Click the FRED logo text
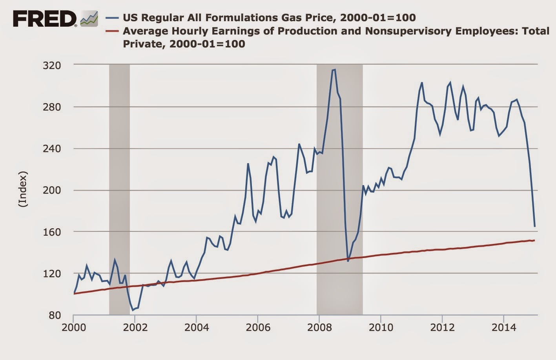tap(45, 18)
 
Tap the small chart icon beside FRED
tap(89, 19)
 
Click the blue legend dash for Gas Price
tap(113, 18)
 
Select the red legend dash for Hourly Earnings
tap(113, 31)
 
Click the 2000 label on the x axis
tap(73, 327)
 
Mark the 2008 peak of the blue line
tap(334, 70)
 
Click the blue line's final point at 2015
tap(534, 226)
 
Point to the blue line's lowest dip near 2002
tap(133, 310)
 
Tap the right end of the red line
tap(534, 240)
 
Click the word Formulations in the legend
tap(236, 18)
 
